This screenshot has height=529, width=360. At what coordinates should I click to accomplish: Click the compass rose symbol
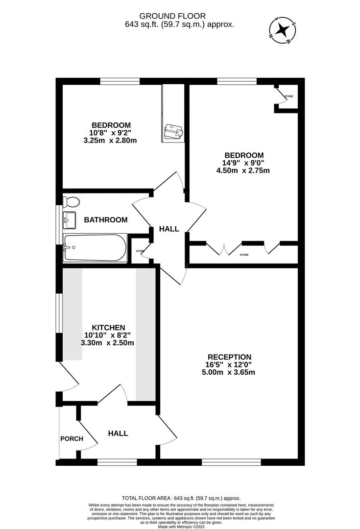pos(282,30)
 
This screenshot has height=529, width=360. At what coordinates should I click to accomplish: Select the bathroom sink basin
pos(69,220)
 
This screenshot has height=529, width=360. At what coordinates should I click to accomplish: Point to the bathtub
pos(95,247)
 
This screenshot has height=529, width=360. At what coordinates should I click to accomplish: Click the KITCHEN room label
pos(109,328)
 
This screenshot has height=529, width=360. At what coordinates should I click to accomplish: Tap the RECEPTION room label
pos(229,357)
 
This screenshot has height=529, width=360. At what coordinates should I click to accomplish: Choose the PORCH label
pos(72,439)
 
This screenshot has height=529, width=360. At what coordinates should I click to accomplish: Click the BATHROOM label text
pos(106,220)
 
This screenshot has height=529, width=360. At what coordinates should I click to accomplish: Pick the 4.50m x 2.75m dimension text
pos(243,171)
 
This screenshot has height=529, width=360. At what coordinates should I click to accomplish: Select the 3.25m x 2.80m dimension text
pos(110,141)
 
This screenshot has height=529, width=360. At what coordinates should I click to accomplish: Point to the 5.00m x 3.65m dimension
pos(229,372)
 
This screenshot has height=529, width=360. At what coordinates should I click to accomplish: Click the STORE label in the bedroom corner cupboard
pos(289,96)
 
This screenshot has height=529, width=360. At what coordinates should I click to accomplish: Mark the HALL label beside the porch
pos(118,433)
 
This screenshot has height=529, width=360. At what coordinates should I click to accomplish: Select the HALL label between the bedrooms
pos(169,229)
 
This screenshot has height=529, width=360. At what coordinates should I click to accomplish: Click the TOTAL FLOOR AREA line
pos(181,498)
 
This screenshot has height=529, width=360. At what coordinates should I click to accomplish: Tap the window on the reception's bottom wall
pos(231,461)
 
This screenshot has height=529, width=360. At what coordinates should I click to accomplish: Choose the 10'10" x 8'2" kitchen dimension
pos(109,336)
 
